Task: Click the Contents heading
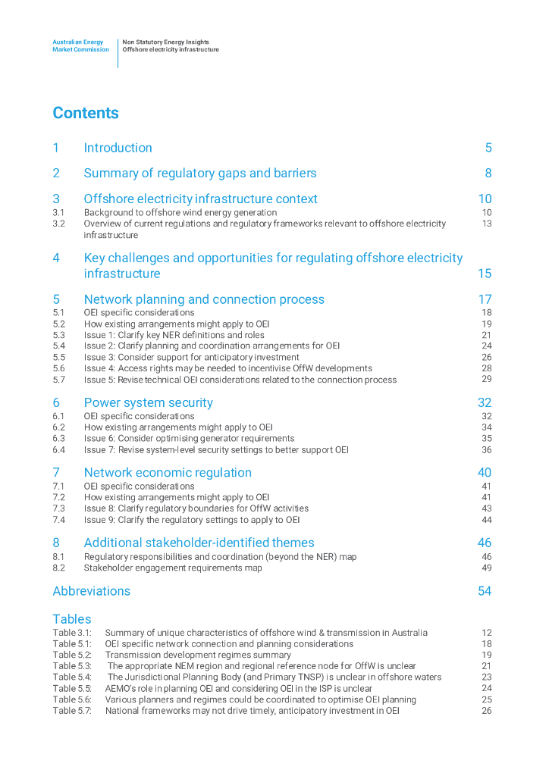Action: click(86, 113)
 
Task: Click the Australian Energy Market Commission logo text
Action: click(80, 46)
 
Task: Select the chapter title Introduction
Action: click(118, 148)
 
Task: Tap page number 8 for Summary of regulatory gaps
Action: click(488, 174)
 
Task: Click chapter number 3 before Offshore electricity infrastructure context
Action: click(56, 199)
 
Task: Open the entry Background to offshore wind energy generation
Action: click(180, 213)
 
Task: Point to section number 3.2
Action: click(59, 224)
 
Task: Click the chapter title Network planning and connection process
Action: click(204, 299)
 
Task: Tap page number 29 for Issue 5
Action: click(487, 379)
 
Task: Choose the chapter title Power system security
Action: click(148, 402)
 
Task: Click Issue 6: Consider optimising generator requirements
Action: click(189, 438)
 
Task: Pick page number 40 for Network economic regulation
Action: click(485, 473)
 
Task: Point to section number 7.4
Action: click(59, 520)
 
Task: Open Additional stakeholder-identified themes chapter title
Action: click(199, 543)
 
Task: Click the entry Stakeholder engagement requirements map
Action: click(173, 568)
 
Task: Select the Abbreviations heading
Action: click(91, 591)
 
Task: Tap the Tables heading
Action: click(72, 619)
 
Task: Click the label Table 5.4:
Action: click(72, 677)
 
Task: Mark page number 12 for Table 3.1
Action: click(487, 633)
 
